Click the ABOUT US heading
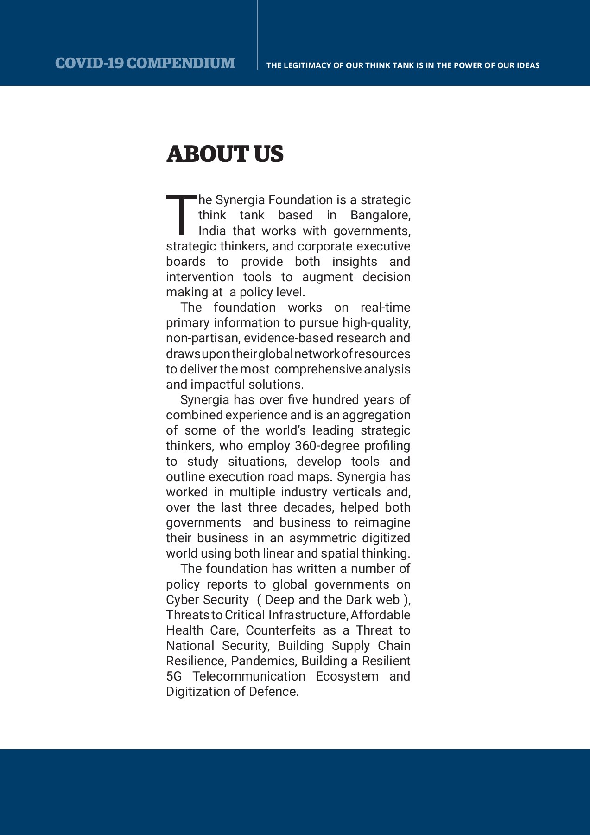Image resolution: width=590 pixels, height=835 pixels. coord(225,154)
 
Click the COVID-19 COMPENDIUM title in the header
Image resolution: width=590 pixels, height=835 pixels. coord(145,63)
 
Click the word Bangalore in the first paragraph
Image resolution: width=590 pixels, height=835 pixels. coord(380,215)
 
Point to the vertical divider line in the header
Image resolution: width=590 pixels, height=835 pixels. coord(258,35)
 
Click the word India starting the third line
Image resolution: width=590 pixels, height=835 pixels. coord(212,231)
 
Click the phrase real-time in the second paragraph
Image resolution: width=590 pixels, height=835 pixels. coord(385,308)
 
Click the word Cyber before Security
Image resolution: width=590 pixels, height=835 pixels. coord(182,600)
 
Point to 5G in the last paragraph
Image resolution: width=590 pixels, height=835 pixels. coord(174,676)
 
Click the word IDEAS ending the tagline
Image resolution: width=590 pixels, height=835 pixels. coord(528,65)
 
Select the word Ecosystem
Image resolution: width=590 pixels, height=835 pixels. coord(347,676)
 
